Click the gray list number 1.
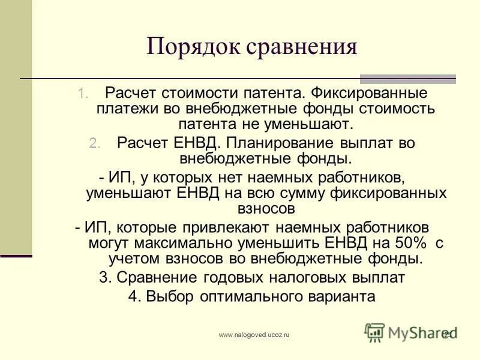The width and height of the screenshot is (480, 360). click(83, 94)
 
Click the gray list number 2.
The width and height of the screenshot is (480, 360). click(96, 144)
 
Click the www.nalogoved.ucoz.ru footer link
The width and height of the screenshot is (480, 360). click(254, 335)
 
